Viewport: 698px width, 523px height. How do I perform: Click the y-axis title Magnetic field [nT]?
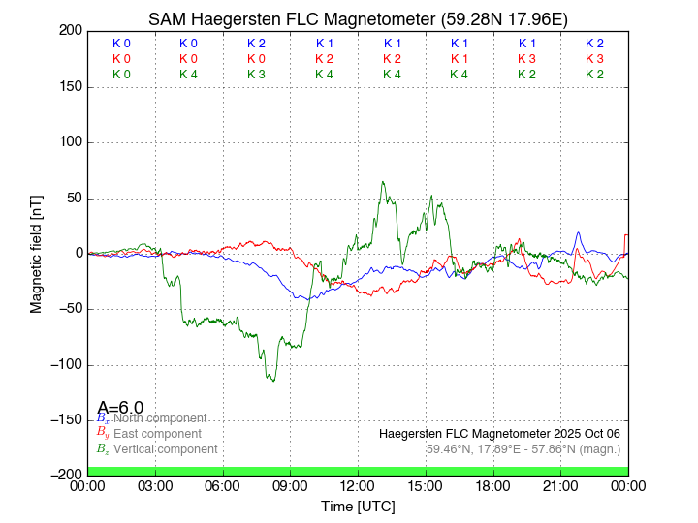coord(37,252)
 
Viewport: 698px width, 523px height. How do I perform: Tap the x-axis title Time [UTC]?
coord(358,507)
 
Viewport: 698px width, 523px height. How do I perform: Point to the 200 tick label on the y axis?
coord(69,31)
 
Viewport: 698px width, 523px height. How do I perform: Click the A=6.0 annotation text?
coord(121,408)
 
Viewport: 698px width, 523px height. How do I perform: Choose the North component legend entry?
coord(160,418)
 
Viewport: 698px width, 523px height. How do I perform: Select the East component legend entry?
coord(157,434)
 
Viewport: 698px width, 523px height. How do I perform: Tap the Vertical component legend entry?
coord(165,449)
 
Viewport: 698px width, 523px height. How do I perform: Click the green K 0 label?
coord(121,75)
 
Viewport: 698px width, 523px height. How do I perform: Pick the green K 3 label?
coord(256,75)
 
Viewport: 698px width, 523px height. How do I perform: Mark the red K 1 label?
coord(459,59)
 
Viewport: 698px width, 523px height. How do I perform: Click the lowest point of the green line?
coord(273,381)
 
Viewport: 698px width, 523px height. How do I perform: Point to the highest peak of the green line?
coord(383,181)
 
